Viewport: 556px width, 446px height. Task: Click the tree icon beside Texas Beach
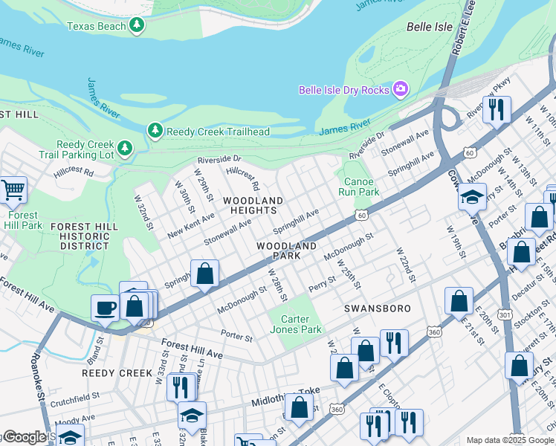pyautogui.click(x=136, y=26)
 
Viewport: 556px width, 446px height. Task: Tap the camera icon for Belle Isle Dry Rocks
pyautogui.click(x=401, y=90)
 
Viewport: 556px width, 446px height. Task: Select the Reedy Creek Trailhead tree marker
pyautogui.click(x=155, y=132)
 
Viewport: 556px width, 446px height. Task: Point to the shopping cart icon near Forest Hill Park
pyautogui.click(x=13, y=190)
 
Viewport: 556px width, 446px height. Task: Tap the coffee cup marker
pyautogui.click(x=104, y=307)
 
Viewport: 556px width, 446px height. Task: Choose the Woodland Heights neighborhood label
pyautogui.click(x=253, y=206)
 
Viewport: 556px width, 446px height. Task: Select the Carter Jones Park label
pyautogui.click(x=295, y=324)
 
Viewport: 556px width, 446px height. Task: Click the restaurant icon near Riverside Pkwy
pyautogui.click(x=496, y=109)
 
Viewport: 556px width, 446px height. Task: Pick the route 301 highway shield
pyautogui.click(x=505, y=315)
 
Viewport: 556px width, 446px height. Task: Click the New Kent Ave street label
pyautogui.click(x=191, y=224)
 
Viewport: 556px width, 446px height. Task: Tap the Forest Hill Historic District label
pyautogui.click(x=85, y=236)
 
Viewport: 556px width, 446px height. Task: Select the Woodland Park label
pyautogui.click(x=287, y=251)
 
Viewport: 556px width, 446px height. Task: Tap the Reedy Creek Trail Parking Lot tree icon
pyautogui.click(x=124, y=149)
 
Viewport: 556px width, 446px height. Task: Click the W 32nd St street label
pyautogui.click(x=144, y=213)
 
